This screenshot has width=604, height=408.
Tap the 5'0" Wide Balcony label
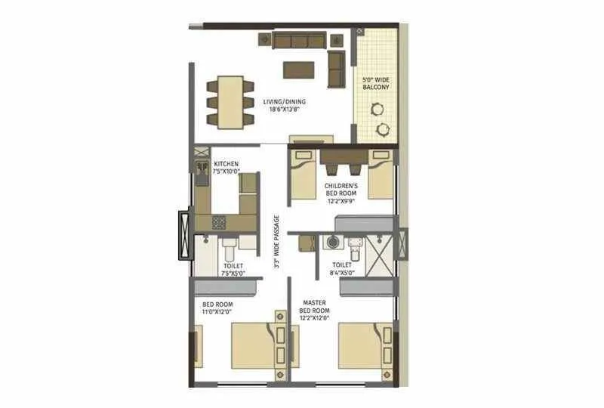point(375,83)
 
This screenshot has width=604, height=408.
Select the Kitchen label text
point(226,164)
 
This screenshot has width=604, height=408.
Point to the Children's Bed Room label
point(342,190)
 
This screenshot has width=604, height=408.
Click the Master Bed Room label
point(313,305)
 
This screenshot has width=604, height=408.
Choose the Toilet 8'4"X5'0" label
point(342,269)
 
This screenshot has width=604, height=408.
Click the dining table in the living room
point(231,102)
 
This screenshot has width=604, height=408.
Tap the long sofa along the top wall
point(299,41)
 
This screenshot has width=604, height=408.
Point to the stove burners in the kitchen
point(218,222)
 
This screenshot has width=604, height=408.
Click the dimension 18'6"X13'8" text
point(285,109)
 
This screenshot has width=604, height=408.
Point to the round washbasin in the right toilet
point(331,243)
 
